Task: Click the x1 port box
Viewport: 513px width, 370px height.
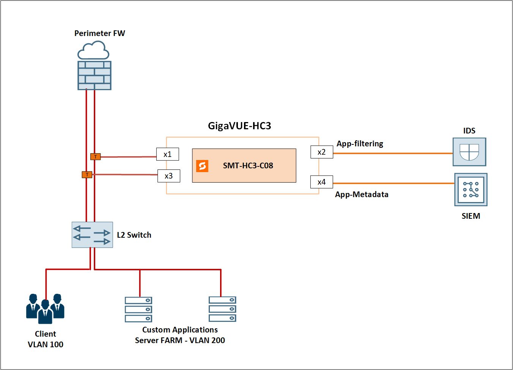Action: point(167,154)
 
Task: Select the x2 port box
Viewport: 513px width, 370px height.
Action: point(322,152)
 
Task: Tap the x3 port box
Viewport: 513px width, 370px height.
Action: point(168,176)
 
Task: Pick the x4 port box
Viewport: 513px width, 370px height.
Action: point(322,182)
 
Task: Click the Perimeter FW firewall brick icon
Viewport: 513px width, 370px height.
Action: point(94,75)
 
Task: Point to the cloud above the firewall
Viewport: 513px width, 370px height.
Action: point(93,50)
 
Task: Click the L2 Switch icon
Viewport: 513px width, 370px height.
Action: point(92,235)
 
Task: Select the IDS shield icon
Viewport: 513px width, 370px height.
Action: point(469,152)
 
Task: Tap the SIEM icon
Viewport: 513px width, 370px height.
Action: point(471,190)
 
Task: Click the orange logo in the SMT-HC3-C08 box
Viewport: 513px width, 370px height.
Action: point(202,166)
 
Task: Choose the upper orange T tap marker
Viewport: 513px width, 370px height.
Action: point(96,157)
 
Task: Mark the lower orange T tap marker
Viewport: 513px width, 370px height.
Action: point(87,175)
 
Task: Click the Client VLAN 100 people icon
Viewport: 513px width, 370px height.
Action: point(45,309)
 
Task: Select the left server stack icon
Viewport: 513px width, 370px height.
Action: point(138,309)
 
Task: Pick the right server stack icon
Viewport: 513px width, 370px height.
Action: point(222,309)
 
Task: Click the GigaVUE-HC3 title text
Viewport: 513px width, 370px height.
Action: point(239,126)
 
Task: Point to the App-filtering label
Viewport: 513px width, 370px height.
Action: point(360,144)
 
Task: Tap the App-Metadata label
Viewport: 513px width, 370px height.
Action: point(362,194)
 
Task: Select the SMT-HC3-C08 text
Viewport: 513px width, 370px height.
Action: point(248,166)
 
